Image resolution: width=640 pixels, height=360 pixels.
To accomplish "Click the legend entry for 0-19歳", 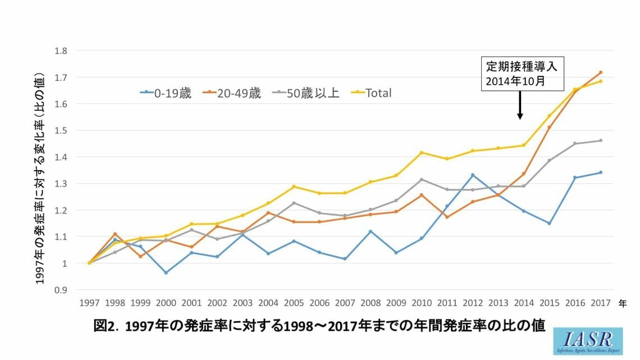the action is (x=166, y=93).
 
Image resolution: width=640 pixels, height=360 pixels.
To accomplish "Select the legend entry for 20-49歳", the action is (x=232, y=93).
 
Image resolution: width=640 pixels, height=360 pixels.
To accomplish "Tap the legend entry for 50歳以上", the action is (x=306, y=93).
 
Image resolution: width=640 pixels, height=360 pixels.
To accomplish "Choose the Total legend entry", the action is (x=372, y=93).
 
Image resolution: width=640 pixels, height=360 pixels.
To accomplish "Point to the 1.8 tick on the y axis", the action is (x=61, y=51).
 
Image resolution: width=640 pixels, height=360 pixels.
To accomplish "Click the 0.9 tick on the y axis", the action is (x=61, y=290).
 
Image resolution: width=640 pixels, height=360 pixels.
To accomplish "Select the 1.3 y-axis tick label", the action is (x=61, y=184).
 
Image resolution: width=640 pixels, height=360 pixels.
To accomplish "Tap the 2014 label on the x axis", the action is (x=524, y=303).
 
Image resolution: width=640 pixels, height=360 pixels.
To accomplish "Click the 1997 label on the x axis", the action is (x=89, y=303).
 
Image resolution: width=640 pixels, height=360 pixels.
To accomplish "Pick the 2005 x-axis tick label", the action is (x=294, y=303).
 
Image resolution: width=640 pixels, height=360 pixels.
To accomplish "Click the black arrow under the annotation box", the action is (x=520, y=105).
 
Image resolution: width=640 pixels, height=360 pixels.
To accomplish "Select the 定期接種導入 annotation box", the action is (x=523, y=74).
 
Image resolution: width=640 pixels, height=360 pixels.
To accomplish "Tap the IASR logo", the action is (x=588, y=341).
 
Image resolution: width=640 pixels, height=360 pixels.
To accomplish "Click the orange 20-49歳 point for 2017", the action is (x=600, y=72).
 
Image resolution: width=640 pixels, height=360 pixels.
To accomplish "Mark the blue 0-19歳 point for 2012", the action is (x=473, y=175).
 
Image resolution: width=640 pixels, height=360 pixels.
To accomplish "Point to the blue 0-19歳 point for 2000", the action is (x=166, y=272).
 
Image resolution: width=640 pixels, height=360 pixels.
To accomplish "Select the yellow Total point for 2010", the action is (x=422, y=153).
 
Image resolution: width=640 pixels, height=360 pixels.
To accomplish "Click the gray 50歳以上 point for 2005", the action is (x=294, y=203).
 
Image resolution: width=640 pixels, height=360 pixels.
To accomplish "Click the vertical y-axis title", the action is (x=39, y=179).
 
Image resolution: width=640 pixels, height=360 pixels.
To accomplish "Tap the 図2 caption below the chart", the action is (x=319, y=326).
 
